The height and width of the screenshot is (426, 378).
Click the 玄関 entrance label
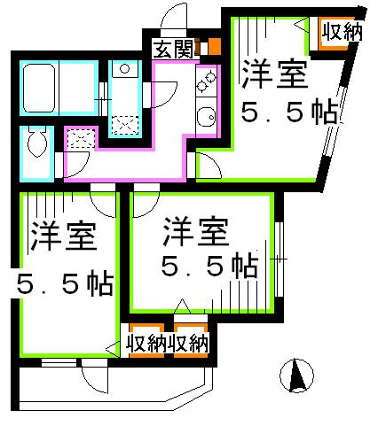coord(174,49)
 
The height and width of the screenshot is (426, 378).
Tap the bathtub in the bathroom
coord(39,89)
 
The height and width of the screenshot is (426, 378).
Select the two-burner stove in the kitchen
coord(207,81)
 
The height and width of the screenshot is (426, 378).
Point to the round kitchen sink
coord(206,117)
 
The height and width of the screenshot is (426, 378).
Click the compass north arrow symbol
coord(296,376)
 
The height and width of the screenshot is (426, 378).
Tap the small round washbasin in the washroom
coord(125,69)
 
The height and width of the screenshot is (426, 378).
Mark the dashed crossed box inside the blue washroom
coord(125,126)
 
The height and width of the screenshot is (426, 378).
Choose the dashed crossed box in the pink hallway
coord(81,138)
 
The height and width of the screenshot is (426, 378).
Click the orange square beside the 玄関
coord(215,47)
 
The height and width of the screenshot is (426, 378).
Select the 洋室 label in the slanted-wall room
coord(274,74)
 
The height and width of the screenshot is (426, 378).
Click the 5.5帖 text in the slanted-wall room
coord(289,112)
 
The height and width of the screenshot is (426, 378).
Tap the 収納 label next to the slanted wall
coord(342,32)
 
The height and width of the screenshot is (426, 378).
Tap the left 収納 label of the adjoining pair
coord(146,344)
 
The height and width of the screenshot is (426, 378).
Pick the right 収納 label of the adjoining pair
coord(189,344)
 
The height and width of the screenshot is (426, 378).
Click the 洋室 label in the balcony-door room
coord(64,236)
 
